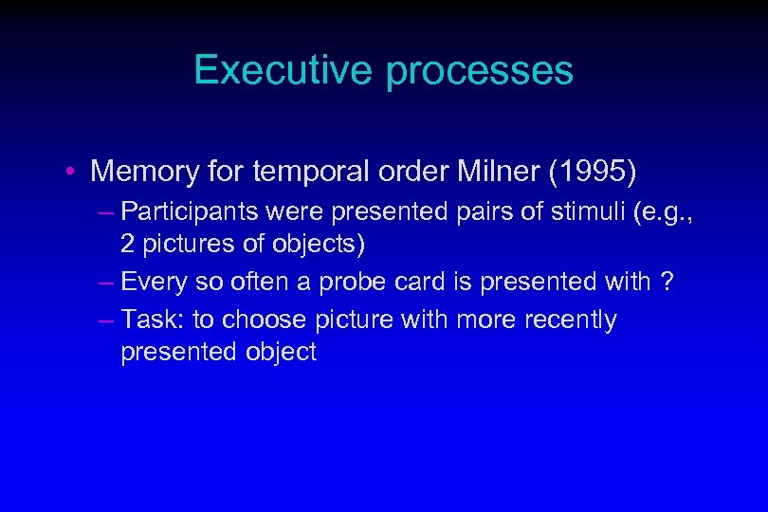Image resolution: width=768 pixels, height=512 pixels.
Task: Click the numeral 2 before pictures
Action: pos(127,244)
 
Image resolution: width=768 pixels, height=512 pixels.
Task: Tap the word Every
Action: pos(155,282)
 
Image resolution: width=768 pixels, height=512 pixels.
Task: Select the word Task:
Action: pos(154,320)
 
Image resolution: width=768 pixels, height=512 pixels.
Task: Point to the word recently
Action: pos(570,320)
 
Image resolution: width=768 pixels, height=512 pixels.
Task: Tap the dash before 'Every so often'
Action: pos(107,282)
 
